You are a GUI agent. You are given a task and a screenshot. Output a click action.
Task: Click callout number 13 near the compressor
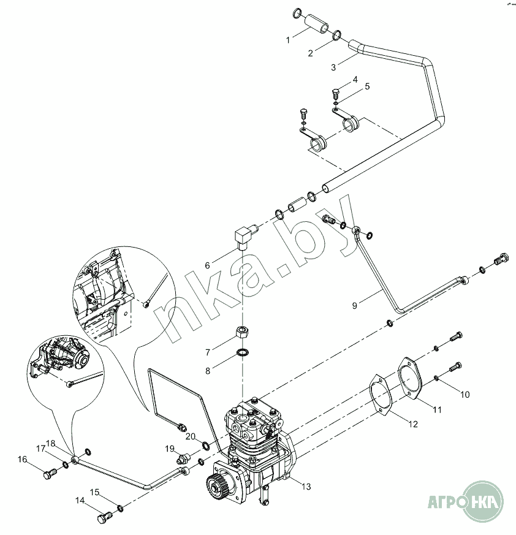tap(306, 487)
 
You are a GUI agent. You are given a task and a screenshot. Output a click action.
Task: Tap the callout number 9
tap(355, 306)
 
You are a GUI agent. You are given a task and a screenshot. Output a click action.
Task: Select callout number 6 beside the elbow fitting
tap(207, 265)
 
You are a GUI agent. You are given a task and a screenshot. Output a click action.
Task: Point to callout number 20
tap(191, 436)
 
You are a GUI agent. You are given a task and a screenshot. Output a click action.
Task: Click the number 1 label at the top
tap(287, 40)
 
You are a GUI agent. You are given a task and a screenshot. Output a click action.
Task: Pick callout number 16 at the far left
tap(22, 459)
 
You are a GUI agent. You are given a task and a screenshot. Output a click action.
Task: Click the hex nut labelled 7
tap(242, 332)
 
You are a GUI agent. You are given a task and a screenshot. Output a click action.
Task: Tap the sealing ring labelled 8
tap(242, 352)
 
